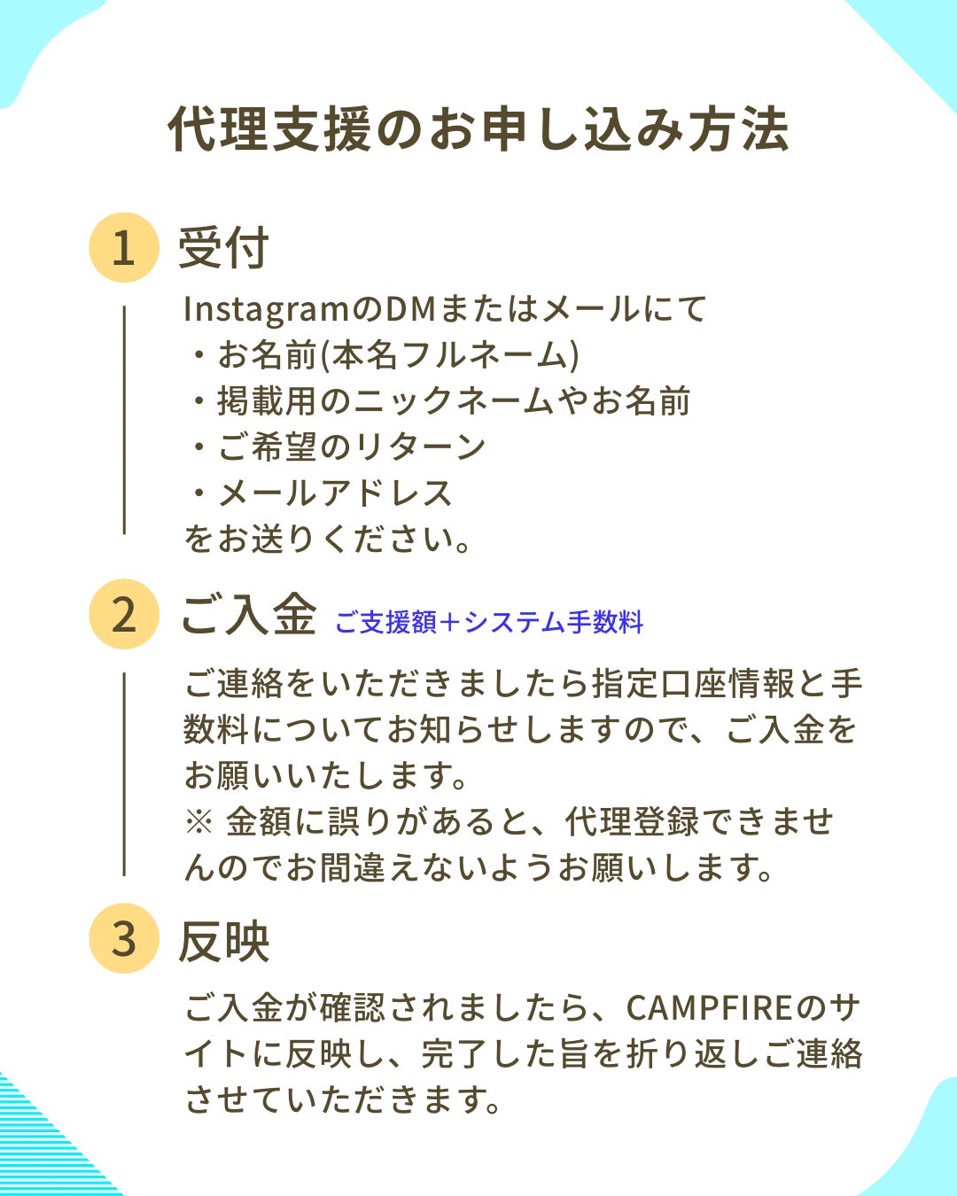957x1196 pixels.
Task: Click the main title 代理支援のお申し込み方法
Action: click(478, 129)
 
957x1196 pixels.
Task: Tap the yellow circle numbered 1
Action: click(124, 247)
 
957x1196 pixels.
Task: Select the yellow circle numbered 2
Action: click(124, 614)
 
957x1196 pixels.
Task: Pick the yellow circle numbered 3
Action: click(124, 938)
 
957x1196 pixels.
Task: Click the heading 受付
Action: click(223, 248)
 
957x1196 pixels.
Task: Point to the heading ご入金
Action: click(249, 614)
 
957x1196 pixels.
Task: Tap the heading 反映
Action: click(223, 942)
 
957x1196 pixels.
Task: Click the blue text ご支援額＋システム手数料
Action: click(489, 621)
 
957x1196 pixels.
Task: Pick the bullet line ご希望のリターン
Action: click(338, 447)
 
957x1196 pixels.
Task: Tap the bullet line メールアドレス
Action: click(321, 493)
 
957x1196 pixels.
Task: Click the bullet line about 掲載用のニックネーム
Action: click(440, 401)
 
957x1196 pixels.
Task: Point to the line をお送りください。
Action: click(327, 540)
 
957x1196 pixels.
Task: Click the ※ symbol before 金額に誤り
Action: click(198, 821)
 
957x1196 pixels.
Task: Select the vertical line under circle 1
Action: click(124, 420)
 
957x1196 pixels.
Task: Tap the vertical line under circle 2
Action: click(124, 774)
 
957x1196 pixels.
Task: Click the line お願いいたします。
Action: click(325, 775)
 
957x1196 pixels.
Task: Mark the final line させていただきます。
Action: click(342, 1099)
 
